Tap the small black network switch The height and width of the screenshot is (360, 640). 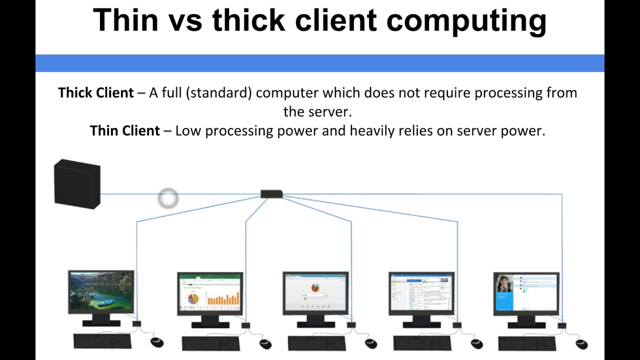(271, 194)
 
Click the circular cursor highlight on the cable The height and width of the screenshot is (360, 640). (168, 198)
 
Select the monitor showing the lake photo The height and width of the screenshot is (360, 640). (101, 292)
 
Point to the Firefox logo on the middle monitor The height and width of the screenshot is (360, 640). (315, 288)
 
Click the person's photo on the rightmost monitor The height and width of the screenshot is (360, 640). (504, 284)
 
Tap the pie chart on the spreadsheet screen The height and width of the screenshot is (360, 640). (193, 298)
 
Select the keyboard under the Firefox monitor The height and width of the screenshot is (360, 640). (316, 343)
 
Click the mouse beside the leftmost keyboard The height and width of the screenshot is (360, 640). (157, 342)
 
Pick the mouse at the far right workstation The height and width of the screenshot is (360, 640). (581, 343)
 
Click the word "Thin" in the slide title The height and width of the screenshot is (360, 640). (125, 20)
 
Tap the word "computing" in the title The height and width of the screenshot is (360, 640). (466, 21)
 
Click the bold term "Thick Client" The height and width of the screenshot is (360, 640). (96, 93)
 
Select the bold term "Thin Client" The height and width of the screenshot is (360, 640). (125, 131)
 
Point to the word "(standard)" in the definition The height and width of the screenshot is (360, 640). (218, 93)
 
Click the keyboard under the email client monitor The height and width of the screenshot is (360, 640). (422, 343)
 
